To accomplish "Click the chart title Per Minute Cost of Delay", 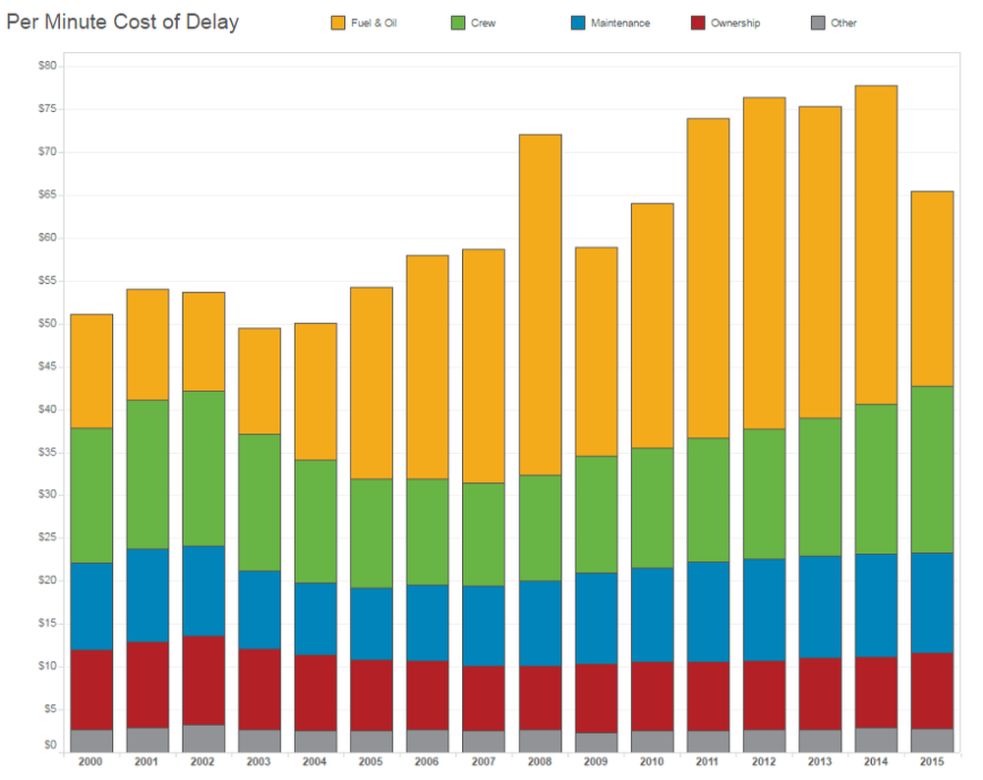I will (123, 22).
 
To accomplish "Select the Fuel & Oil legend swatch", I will (337, 23).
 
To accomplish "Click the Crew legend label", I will (484, 23).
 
